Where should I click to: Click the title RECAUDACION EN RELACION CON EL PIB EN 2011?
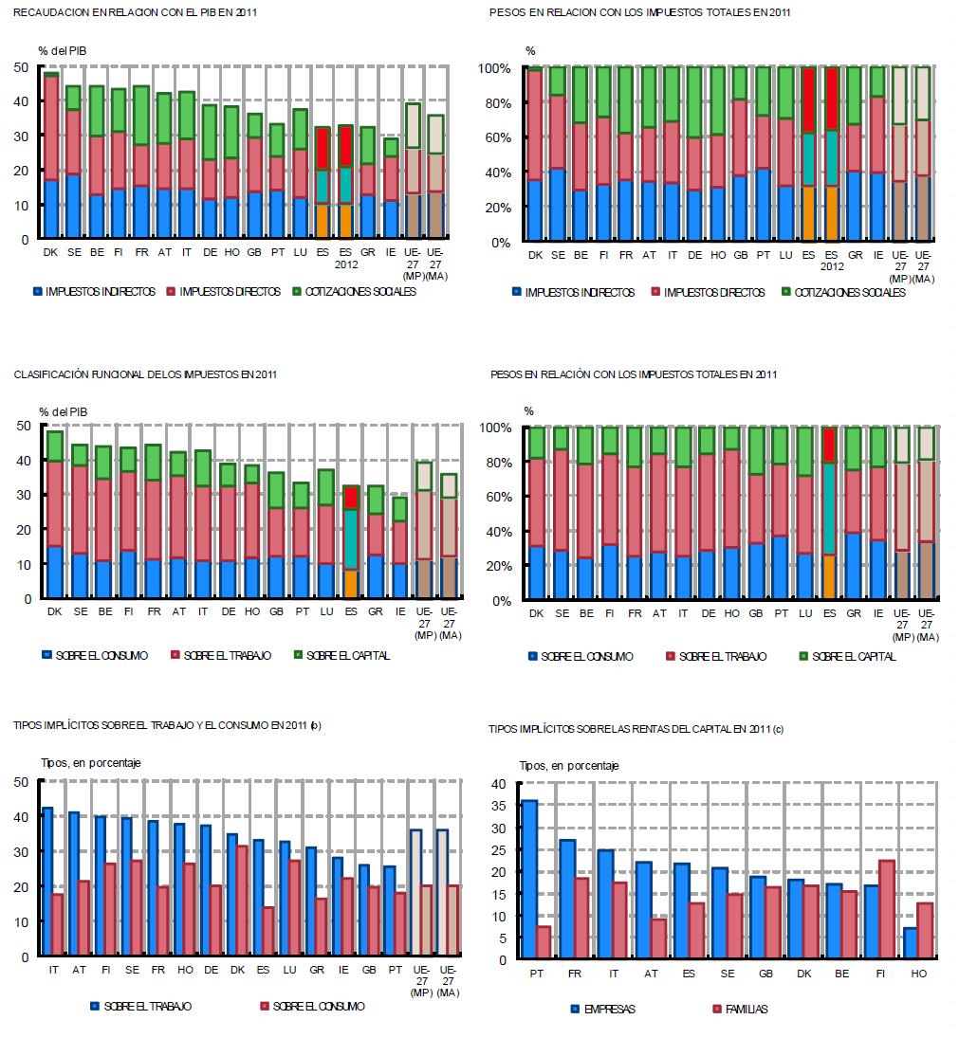[136, 13]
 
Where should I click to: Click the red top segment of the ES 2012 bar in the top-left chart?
[345, 146]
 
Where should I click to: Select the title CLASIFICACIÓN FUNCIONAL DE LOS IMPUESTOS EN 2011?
[143, 374]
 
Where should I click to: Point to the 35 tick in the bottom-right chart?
[503, 807]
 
